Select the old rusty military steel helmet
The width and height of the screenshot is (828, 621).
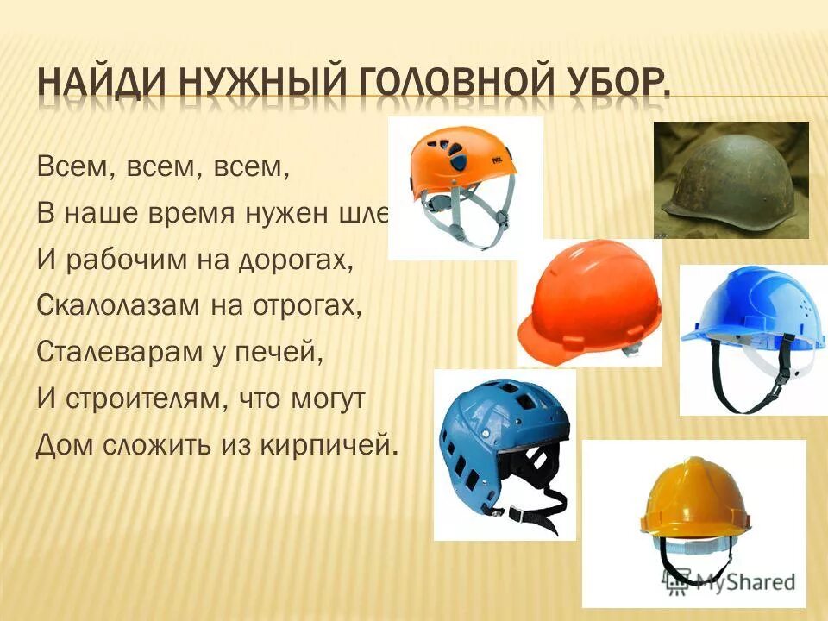[x=730, y=177]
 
